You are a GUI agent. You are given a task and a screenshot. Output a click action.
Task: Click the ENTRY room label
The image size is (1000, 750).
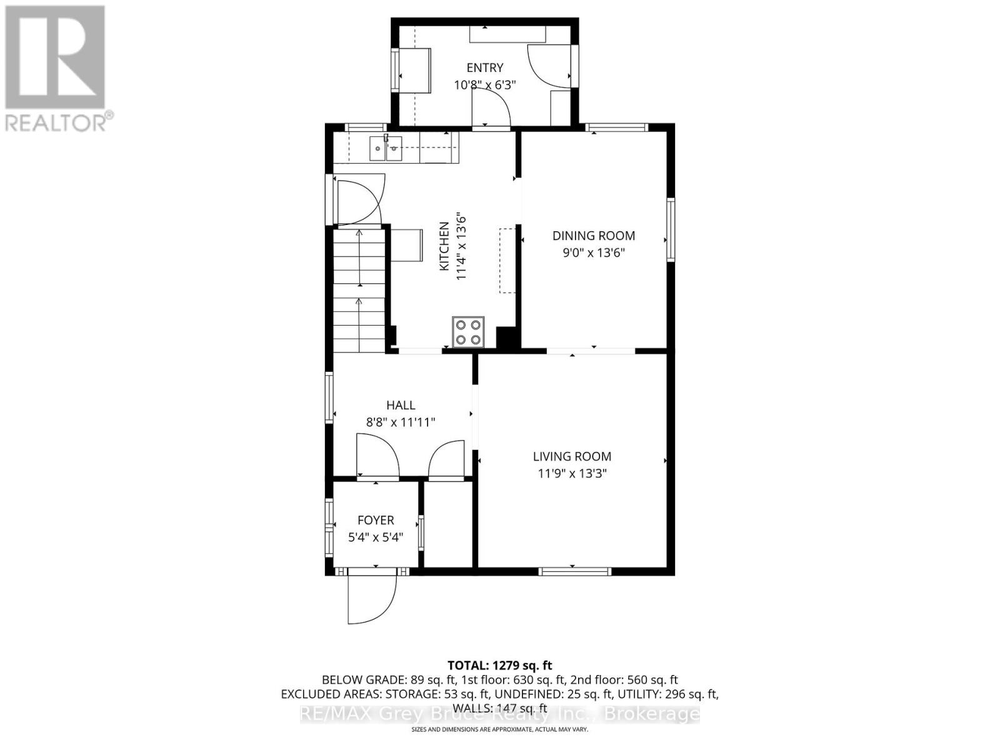tap(484, 67)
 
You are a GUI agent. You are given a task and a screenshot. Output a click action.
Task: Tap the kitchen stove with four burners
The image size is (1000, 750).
tap(468, 332)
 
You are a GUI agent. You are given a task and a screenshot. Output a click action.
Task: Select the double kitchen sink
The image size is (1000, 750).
tap(385, 149)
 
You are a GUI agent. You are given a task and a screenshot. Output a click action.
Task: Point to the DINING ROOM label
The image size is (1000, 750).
tap(593, 236)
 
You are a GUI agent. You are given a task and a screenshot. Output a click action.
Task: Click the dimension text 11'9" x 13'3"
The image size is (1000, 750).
tap(572, 474)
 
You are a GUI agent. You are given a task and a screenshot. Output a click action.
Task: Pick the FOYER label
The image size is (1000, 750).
tap(376, 520)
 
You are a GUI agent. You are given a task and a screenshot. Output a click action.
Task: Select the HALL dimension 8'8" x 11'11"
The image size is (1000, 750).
tap(400, 422)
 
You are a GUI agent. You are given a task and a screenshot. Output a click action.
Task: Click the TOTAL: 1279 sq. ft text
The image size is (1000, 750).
tap(499, 666)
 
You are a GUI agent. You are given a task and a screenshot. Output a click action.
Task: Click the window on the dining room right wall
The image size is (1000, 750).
tap(671, 229)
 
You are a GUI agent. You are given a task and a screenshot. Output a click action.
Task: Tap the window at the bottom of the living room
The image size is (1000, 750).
tap(575, 571)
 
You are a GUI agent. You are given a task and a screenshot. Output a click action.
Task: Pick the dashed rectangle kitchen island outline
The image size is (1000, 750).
tap(507, 261)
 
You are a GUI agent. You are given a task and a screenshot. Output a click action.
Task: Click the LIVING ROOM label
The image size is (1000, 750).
tap(572, 456)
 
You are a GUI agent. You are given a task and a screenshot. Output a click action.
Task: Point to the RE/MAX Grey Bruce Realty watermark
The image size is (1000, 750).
tap(499, 714)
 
